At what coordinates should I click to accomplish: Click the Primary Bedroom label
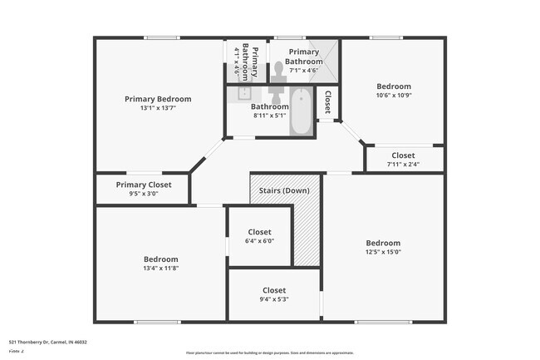point(158,99)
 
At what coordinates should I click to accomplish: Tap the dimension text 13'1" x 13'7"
point(158,108)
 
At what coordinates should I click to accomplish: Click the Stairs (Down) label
point(284,191)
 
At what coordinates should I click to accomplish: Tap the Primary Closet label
point(144,185)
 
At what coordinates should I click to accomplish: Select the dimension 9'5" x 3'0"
point(144,194)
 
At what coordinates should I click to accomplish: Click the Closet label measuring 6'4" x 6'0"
point(259,232)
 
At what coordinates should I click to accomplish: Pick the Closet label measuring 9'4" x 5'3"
point(274,290)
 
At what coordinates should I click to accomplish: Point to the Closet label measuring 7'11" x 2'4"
point(403,155)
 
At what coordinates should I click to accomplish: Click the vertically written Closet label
point(328,101)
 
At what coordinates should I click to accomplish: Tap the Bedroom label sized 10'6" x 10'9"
point(393,86)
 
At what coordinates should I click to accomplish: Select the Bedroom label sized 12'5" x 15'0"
point(383,243)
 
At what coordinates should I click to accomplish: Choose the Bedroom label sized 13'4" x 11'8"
point(160,259)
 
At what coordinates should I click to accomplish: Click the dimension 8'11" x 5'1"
point(270,116)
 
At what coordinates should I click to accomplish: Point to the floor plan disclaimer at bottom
point(269,353)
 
